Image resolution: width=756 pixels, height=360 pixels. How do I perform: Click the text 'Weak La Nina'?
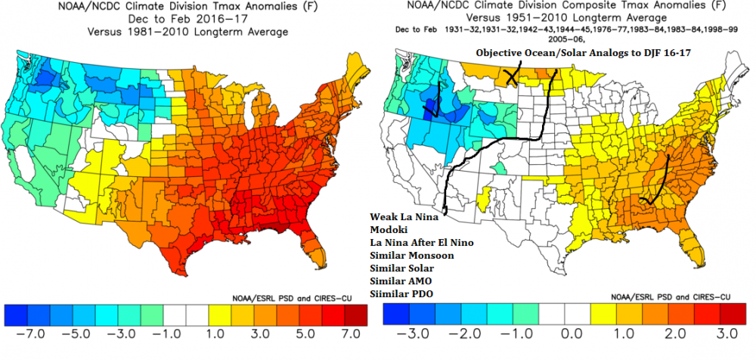click(400, 216)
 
